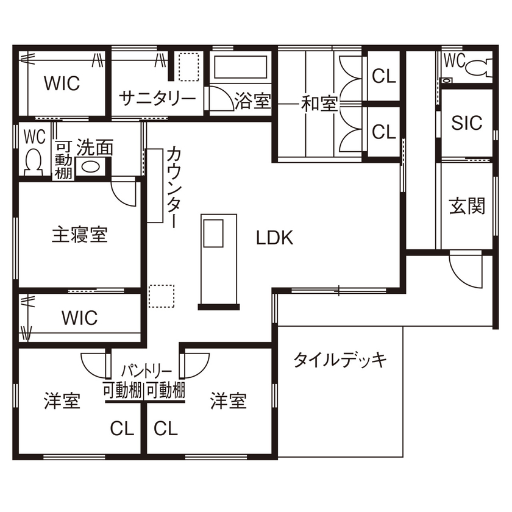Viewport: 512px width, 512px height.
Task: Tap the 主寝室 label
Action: coord(79,235)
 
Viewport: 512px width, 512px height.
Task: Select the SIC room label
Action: coord(466,123)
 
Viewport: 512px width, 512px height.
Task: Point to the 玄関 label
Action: coord(467,206)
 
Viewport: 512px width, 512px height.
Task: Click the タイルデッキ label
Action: coord(340,360)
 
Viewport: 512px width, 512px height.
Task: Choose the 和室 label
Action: coord(319,104)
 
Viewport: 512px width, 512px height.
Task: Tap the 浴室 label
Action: coord(252,101)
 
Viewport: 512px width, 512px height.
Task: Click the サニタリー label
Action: coord(157,98)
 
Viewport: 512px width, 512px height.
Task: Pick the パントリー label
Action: coord(145,371)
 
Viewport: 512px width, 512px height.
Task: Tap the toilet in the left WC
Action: coord(33,160)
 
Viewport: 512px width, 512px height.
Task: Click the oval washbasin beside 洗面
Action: coord(91,167)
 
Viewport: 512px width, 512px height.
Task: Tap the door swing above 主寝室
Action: coord(124,192)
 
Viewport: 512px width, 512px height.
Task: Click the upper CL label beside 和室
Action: coord(384,76)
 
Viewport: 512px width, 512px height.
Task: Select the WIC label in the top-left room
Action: coord(62,84)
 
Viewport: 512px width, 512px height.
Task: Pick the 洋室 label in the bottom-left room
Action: coord(62,402)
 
